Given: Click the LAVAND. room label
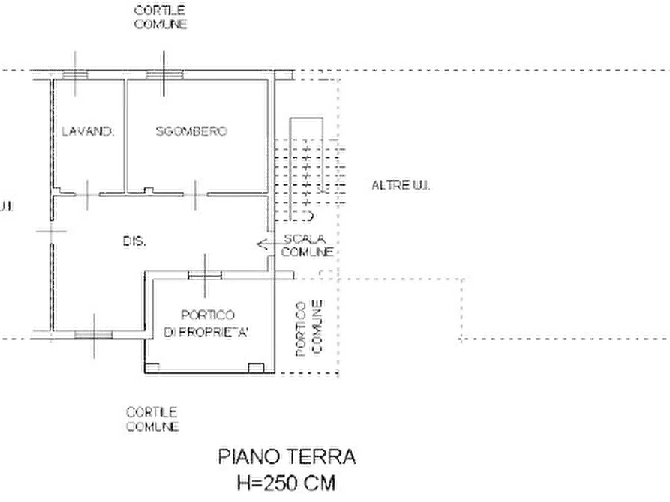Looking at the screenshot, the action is [88, 131].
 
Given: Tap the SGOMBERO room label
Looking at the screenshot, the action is [191, 131].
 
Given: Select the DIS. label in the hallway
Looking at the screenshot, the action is [134, 241].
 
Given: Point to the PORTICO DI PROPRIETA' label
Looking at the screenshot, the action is [207, 324].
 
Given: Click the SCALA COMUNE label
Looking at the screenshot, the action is [306, 246].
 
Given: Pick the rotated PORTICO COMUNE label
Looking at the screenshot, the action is [309, 328].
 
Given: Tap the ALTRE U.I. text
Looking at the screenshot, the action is [401, 185].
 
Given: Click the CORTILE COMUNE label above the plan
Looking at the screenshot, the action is [161, 17].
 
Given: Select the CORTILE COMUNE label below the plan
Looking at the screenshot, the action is [152, 419].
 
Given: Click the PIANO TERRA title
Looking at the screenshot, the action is [287, 456].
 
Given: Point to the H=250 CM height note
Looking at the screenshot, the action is [287, 483].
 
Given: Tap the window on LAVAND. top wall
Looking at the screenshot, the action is [76, 75].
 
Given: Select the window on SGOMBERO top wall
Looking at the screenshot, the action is [164, 75].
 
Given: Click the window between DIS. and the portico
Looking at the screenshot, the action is [205, 276].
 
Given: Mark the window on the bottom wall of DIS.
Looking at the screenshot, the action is [94, 335].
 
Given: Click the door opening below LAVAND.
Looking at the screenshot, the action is [87, 195].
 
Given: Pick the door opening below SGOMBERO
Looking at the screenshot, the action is [195, 195].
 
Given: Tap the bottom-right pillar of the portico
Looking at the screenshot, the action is [256, 368].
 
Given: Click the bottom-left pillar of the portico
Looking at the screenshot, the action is [152, 368].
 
